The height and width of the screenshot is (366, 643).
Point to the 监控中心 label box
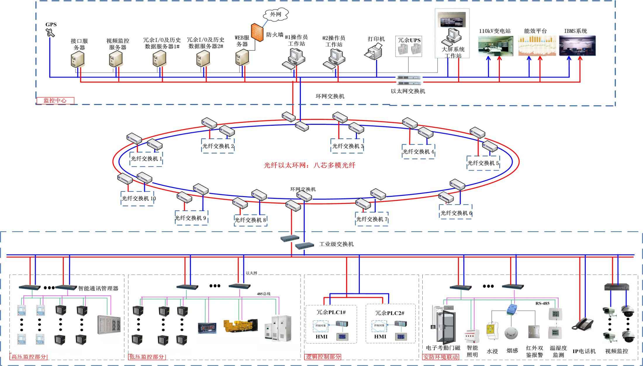(x=56, y=101)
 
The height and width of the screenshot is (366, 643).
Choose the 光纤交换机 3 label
(x=348, y=146)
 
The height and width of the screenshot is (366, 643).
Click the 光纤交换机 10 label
(x=139, y=199)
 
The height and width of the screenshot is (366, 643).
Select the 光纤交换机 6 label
(x=456, y=213)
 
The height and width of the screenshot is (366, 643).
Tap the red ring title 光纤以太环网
(x=310, y=165)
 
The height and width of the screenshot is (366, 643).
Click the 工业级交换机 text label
(x=336, y=244)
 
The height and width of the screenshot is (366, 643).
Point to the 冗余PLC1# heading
(x=331, y=312)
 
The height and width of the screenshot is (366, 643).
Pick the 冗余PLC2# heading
(x=390, y=313)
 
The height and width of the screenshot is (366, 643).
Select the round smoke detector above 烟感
(x=511, y=333)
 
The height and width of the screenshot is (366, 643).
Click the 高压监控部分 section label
(x=29, y=357)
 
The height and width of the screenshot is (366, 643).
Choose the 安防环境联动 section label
(x=440, y=357)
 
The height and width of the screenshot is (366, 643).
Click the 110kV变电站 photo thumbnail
(x=495, y=46)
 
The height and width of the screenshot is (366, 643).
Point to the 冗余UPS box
(x=409, y=46)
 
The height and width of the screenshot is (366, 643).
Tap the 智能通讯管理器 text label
(x=98, y=289)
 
